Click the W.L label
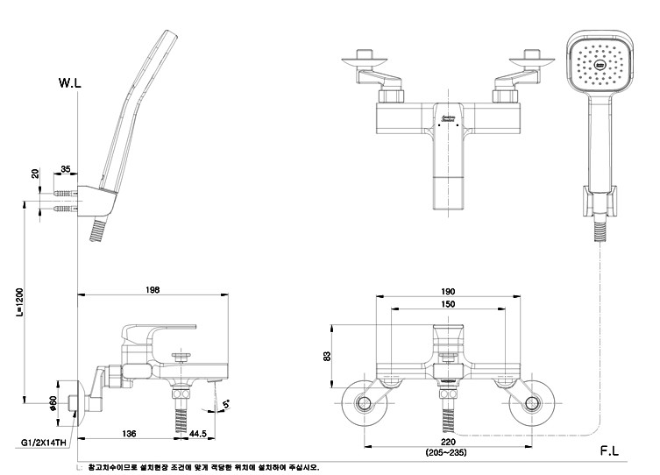(x=70, y=83)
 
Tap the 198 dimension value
(x=153, y=291)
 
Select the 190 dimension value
(x=448, y=292)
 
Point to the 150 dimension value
(x=448, y=304)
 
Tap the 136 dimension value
(x=128, y=433)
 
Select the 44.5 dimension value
(x=197, y=433)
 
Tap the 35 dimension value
(x=66, y=168)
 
